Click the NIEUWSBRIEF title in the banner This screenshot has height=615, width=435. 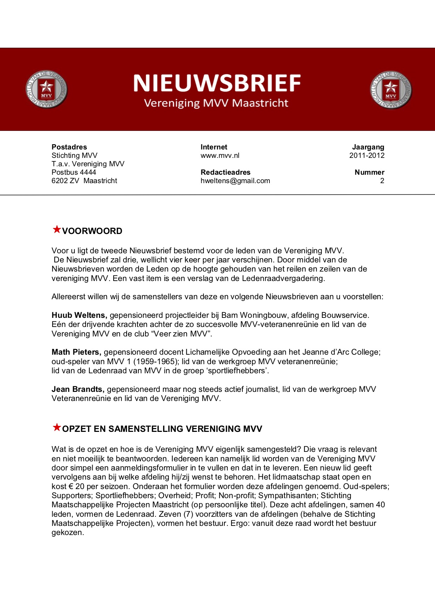217,83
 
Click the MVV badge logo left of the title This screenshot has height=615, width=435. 46,89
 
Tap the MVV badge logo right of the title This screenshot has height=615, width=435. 391,90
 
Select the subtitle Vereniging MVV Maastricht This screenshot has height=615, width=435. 216,103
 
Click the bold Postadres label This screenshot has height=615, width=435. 69,147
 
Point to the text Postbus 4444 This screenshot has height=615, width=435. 74,172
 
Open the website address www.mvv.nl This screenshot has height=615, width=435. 220,155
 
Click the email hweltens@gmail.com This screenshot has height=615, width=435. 235,181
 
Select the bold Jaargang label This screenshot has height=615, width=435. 368,147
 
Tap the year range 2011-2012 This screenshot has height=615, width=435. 367,155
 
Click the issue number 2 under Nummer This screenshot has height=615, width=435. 382,181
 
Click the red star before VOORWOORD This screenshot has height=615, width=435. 56,229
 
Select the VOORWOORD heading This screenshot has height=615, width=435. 92,231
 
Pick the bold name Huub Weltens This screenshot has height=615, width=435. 79,315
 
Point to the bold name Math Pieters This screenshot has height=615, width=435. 76,352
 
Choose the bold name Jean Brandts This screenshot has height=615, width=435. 78,389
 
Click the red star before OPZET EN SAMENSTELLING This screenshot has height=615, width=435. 56,427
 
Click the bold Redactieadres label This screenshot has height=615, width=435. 226,172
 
